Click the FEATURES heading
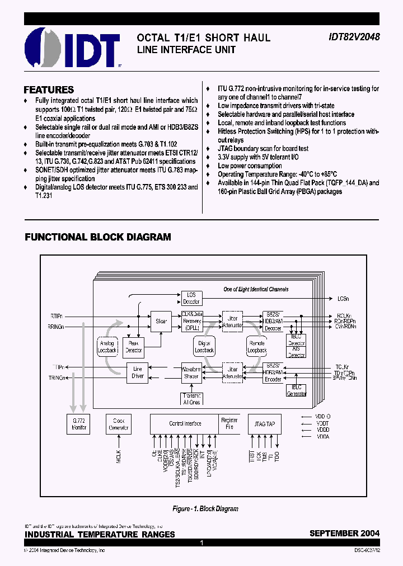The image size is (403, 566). click(49, 89)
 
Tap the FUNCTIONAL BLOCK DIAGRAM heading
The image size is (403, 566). click(98, 237)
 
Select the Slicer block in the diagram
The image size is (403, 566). click(161, 322)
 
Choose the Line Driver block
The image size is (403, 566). click(137, 372)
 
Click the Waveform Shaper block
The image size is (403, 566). click(191, 372)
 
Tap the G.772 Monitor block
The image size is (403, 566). click(78, 423)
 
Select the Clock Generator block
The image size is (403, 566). click(119, 423)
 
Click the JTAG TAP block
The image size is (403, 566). click(262, 423)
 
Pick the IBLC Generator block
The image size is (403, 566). click(296, 390)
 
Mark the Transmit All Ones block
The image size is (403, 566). click(191, 398)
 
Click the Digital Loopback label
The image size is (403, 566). click(204, 347)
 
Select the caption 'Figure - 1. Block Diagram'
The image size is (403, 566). click(205, 509)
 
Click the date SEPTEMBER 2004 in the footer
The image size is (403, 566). click(344, 534)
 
